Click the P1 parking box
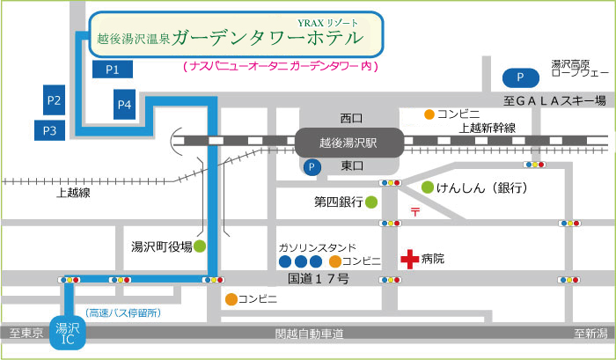point(113,69)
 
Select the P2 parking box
point(55,100)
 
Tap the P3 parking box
point(49,131)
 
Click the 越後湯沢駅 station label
point(348,140)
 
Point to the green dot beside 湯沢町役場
point(200,246)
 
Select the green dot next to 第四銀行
point(371,202)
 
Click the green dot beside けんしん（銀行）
point(428,187)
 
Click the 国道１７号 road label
point(319,279)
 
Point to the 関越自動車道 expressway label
point(308,334)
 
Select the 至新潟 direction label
point(590,334)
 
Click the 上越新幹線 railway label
point(487,128)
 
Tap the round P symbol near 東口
point(310,166)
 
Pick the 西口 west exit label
point(351,118)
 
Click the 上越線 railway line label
point(73,193)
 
